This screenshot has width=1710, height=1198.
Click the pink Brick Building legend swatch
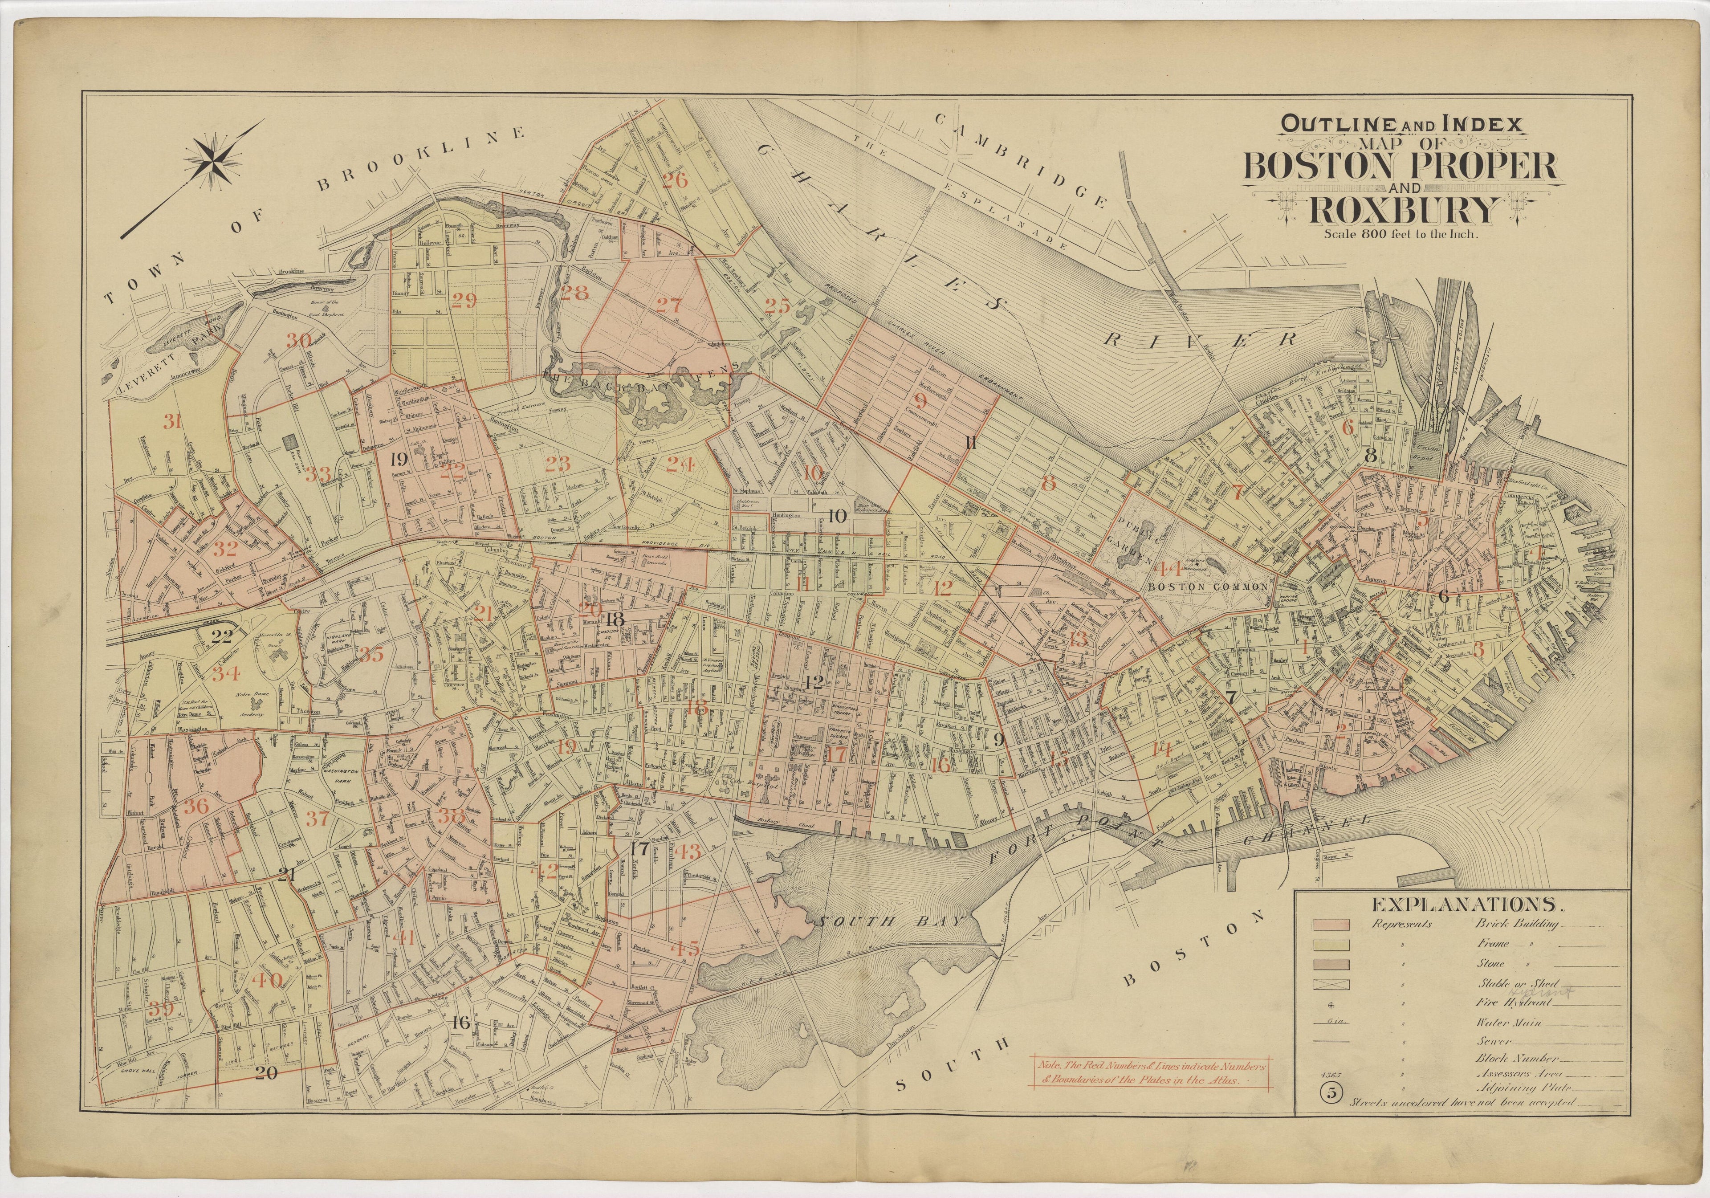[1331, 924]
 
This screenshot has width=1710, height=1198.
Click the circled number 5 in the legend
[1329, 1093]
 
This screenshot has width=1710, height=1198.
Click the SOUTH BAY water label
[891, 922]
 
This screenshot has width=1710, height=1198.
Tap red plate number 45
[685, 950]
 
